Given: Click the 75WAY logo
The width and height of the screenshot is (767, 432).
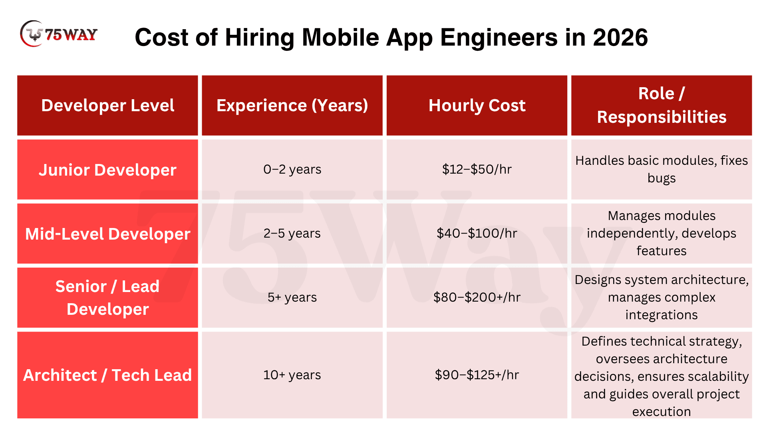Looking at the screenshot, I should [x=59, y=34].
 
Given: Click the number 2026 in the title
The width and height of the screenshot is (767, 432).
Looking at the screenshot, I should [x=620, y=38].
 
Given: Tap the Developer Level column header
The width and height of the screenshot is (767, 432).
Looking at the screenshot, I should [x=107, y=106].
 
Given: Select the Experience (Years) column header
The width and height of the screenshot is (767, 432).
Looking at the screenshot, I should [x=292, y=106].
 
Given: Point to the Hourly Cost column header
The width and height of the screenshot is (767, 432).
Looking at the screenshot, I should [x=477, y=106].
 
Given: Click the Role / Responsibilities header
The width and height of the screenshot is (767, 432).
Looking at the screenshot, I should [x=662, y=105].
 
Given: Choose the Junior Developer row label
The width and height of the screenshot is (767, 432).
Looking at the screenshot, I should [x=107, y=170].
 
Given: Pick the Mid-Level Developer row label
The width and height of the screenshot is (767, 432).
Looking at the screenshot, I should [x=107, y=234].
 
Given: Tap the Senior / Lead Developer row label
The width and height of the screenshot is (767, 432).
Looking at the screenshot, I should [x=107, y=298].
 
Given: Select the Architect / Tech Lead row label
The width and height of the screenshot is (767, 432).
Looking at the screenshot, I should [x=107, y=375].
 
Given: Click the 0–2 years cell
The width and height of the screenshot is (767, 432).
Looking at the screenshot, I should [x=292, y=170].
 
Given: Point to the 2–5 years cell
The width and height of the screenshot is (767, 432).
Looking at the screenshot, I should [x=292, y=234].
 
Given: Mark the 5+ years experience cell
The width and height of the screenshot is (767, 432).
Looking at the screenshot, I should [x=292, y=298].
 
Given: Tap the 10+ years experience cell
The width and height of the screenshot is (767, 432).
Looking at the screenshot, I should [x=292, y=375].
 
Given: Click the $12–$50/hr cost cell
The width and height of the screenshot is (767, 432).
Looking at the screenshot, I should [x=477, y=170].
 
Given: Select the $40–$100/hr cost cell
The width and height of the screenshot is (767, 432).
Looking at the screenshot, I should [x=477, y=234].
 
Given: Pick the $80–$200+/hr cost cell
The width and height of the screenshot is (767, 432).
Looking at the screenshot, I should [x=477, y=298].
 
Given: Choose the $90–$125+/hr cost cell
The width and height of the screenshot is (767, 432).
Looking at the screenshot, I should [x=477, y=375].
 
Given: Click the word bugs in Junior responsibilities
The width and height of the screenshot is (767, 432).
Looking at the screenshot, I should [x=662, y=178].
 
